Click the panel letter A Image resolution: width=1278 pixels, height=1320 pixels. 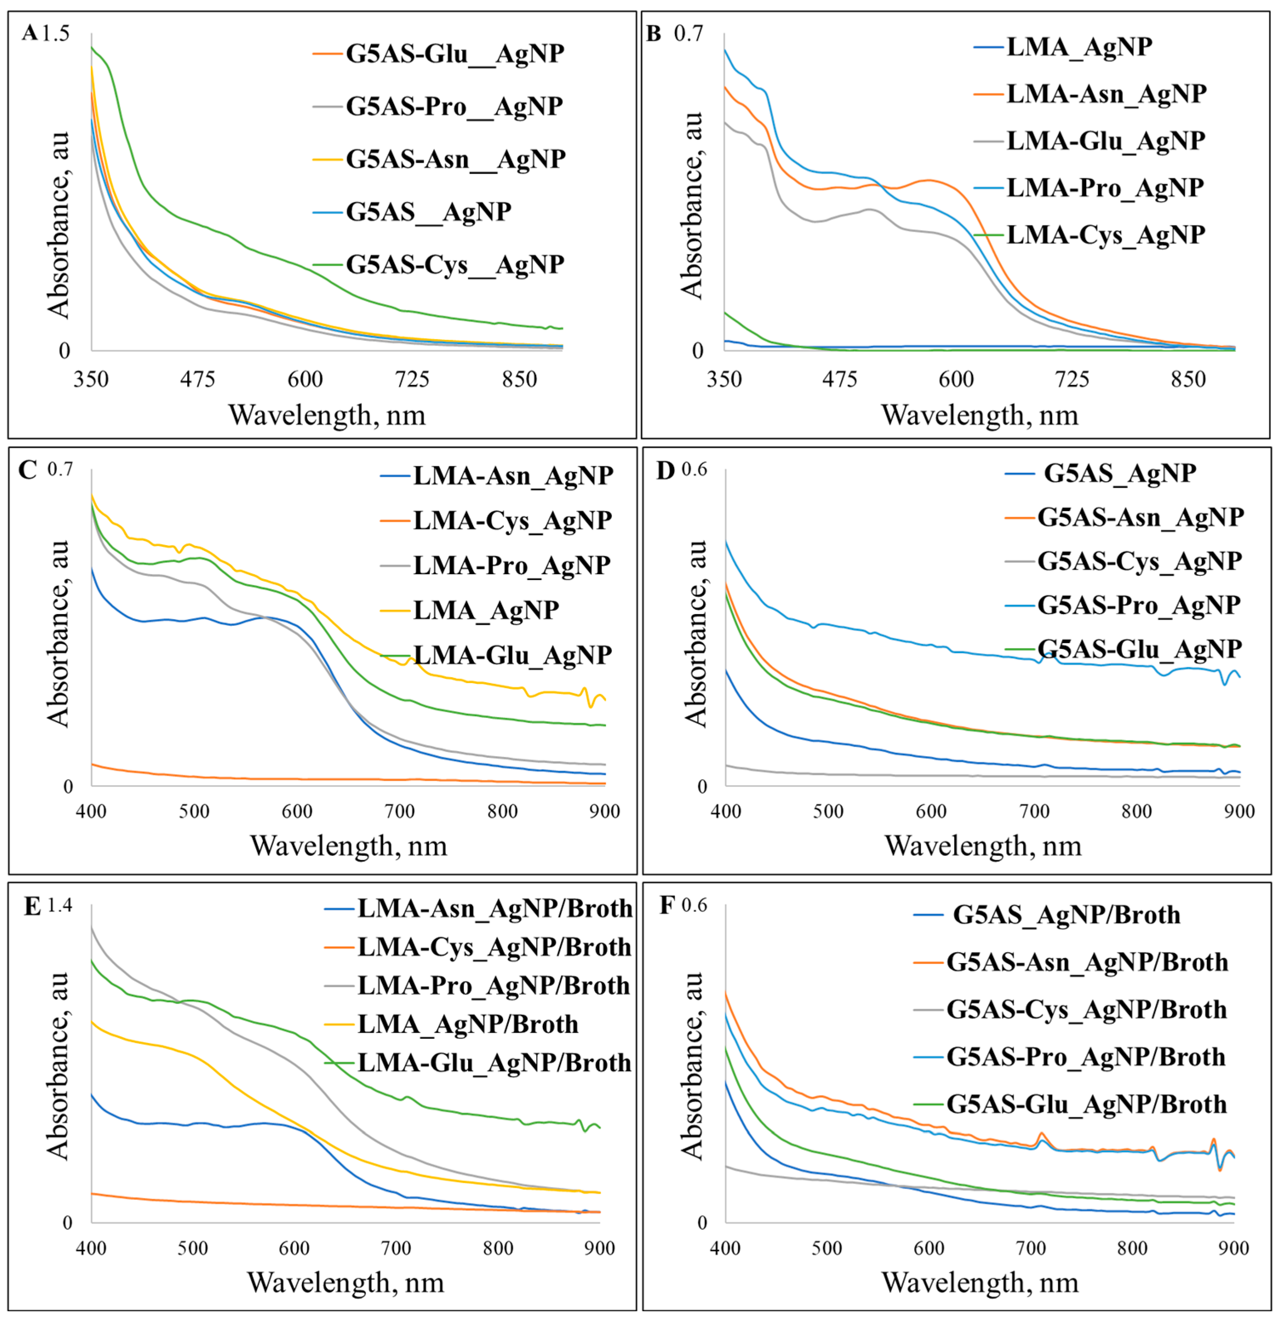click(29, 32)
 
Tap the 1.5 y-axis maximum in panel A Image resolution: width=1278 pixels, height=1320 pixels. click(56, 33)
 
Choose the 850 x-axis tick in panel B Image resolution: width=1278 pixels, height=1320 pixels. click(1188, 380)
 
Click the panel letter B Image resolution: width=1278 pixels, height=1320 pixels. click(653, 32)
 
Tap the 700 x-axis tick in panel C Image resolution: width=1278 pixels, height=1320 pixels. click(399, 811)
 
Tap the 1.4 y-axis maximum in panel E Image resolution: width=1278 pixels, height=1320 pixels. click(59, 905)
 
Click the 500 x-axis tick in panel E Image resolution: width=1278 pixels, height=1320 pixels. click(193, 1248)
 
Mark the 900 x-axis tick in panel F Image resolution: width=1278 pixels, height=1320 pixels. click(1234, 1248)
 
